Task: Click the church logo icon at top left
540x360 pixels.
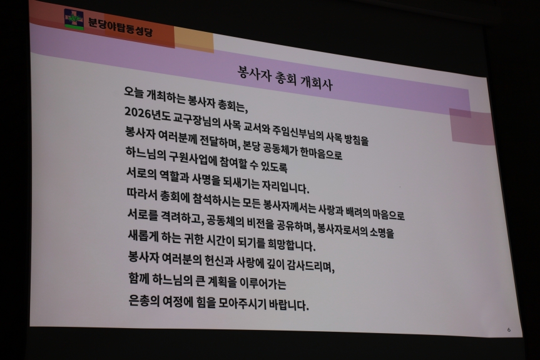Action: pos(74,19)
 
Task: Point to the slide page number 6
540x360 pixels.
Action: pos(509,330)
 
